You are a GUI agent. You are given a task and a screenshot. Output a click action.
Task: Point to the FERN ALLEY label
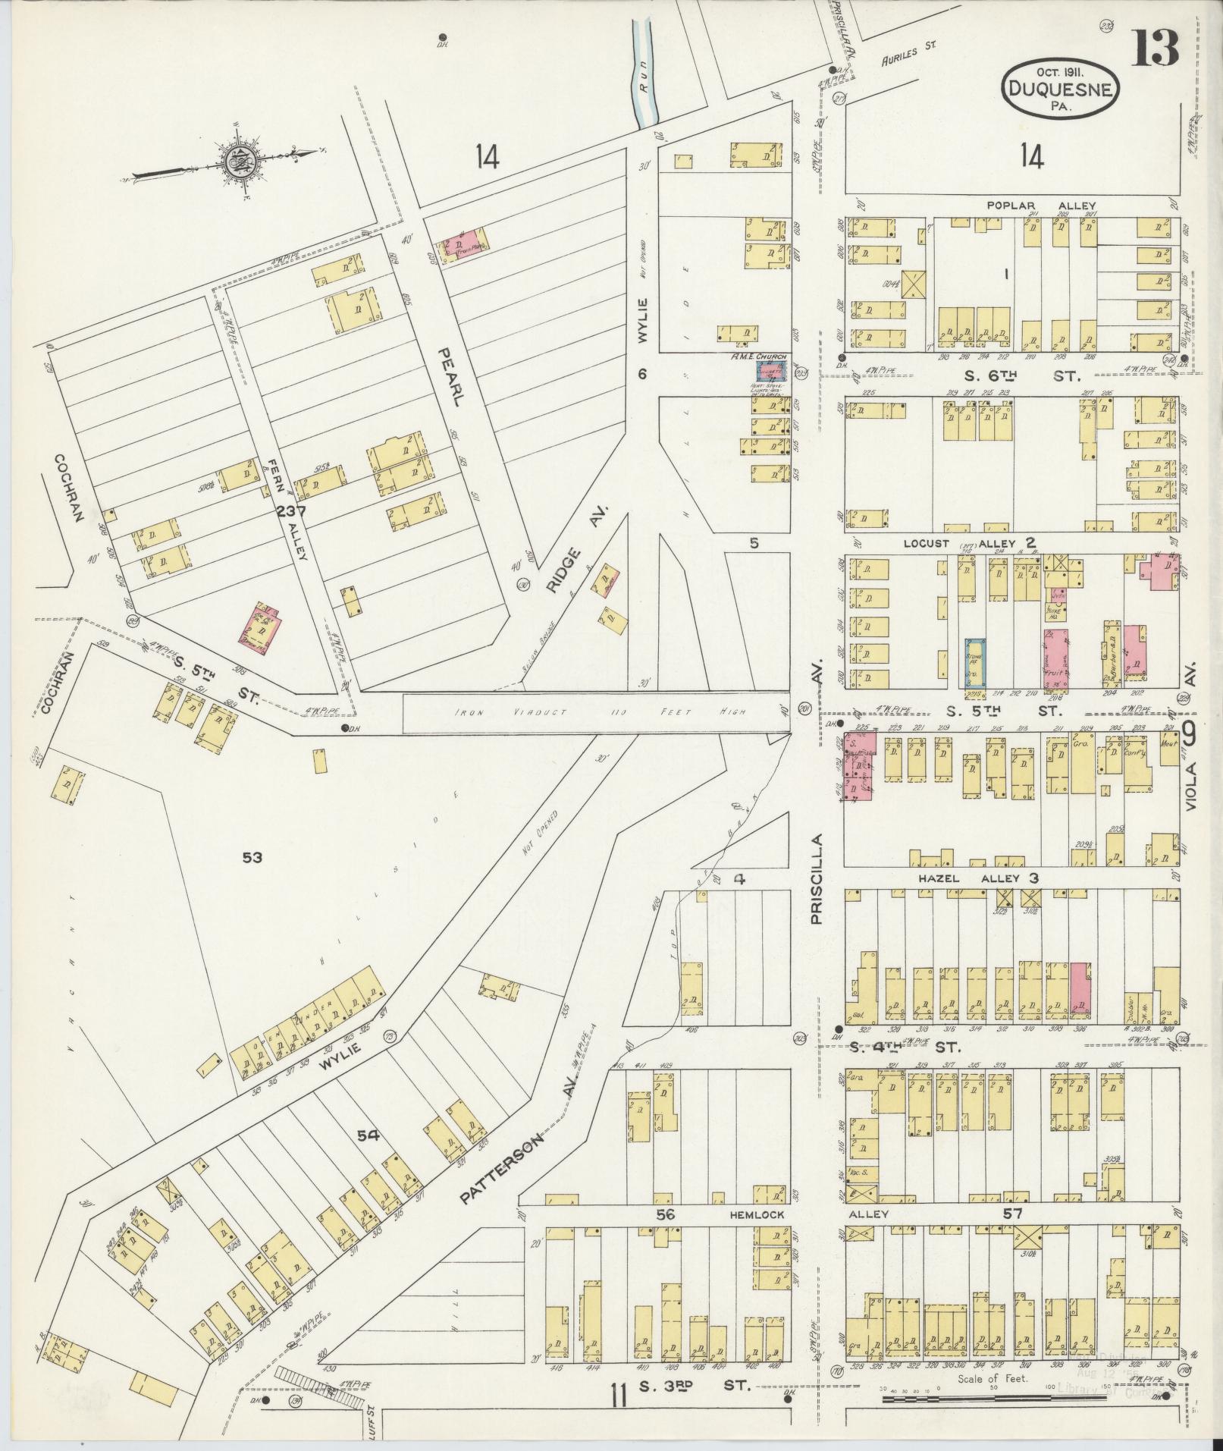tap(286, 510)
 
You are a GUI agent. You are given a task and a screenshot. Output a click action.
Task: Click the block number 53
tap(252, 857)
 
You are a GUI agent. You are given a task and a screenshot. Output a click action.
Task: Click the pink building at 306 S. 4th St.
tap(1080, 990)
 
